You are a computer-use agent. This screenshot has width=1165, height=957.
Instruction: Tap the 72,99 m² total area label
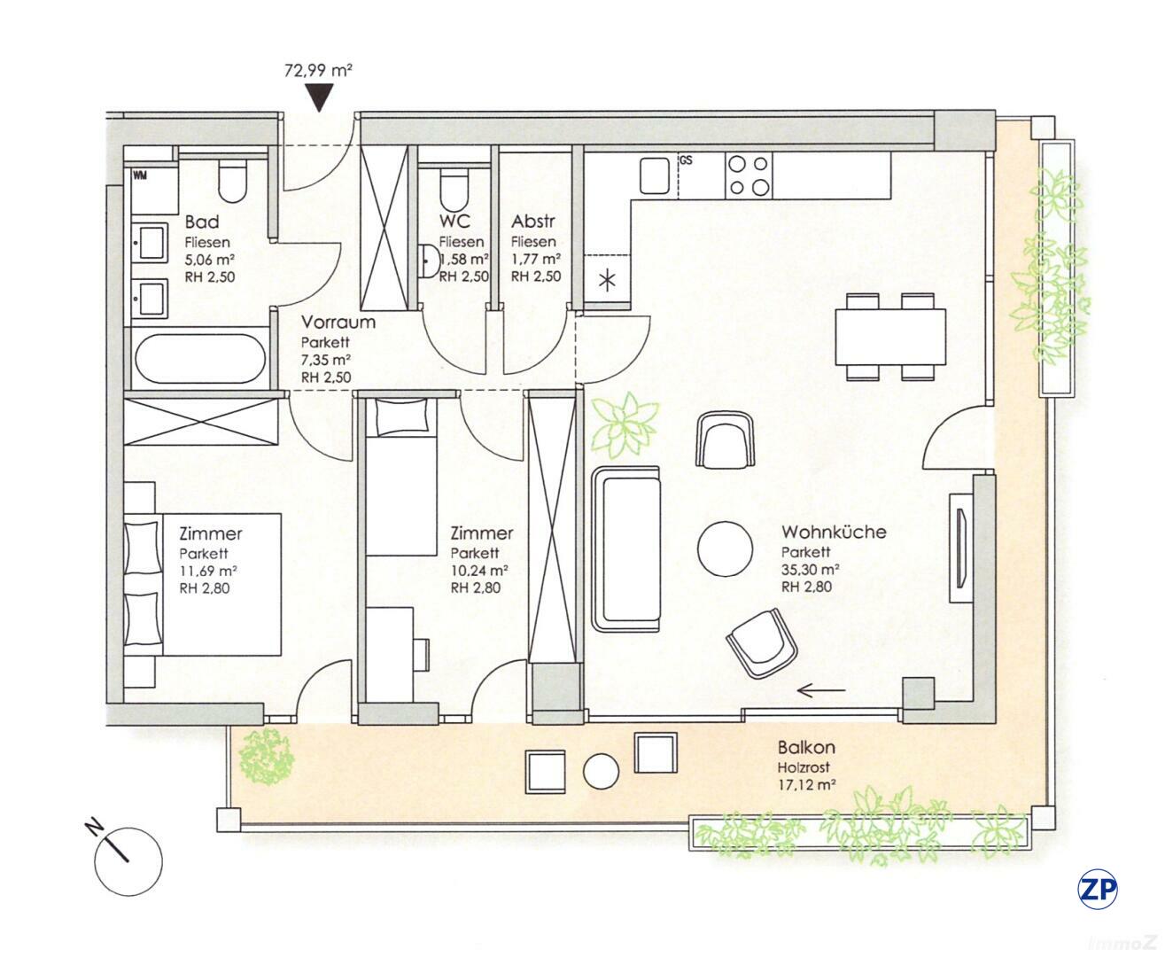(318, 70)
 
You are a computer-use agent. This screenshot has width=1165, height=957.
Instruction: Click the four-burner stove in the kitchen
(748, 175)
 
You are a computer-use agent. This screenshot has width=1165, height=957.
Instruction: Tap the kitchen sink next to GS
(656, 175)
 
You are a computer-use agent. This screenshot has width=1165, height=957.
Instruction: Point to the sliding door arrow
(819, 690)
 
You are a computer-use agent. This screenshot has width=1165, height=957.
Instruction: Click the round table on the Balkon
(601, 771)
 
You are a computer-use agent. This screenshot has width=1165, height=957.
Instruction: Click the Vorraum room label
(338, 323)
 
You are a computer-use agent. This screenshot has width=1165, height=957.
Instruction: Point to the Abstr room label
(532, 222)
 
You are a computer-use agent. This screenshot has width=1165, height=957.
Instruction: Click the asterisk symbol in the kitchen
(607, 282)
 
